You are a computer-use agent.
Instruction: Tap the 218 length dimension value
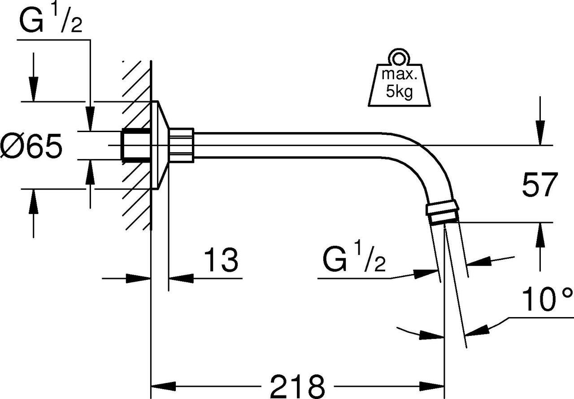[298, 385]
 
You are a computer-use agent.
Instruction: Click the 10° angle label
[547, 300]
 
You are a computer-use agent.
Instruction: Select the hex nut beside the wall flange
[181, 143]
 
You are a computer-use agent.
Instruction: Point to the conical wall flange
[161, 145]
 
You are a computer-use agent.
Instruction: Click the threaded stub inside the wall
[136, 145]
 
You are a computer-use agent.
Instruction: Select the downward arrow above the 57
[540, 132]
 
